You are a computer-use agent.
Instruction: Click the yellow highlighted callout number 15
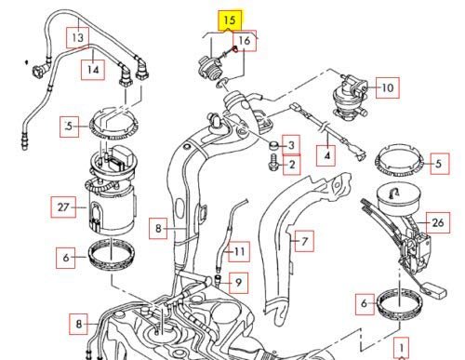(230, 20)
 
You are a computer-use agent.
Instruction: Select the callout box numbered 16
(245, 40)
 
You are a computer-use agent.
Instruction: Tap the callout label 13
(78, 38)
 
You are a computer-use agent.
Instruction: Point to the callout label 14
(93, 70)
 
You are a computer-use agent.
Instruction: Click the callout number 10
(388, 87)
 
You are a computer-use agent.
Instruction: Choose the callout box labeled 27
(63, 207)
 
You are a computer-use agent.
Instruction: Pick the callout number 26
(438, 222)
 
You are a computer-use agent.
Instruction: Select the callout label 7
(304, 241)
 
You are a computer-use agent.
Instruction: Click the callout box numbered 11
(239, 251)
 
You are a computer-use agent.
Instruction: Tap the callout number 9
(238, 283)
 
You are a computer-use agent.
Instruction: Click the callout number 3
(291, 145)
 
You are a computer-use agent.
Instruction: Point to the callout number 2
(292, 165)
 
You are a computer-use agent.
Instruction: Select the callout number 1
(402, 348)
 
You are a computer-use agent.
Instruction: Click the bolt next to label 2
(273, 162)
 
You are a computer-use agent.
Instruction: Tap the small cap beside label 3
(273, 145)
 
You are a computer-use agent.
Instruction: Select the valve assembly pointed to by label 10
(351, 95)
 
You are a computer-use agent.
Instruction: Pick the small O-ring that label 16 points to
(222, 82)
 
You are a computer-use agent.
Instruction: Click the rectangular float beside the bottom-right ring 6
(433, 289)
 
